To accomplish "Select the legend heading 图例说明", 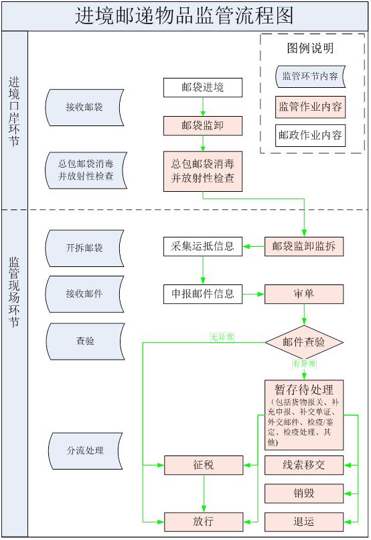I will pyautogui.click(x=310, y=48).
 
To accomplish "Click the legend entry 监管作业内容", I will pyautogui.click(x=310, y=106).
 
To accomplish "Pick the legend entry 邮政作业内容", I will pyautogui.click(x=310, y=135).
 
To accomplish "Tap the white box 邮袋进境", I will pyautogui.click(x=202, y=87).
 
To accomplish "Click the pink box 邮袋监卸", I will pyautogui.click(x=202, y=125).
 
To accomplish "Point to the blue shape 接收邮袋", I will pyautogui.click(x=84, y=107).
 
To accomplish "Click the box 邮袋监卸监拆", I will pyautogui.click(x=304, y=246).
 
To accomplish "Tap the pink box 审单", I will pyautogui.click(x=304, y=294).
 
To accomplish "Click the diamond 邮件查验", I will pyautogui.click(x=304, y=342).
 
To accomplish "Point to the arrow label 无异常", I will pyautogui.click(x=222, y=337).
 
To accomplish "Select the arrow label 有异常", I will pyautogui.click(x=304, y=364).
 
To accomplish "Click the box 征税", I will pyautogui.click(x=202, y=464).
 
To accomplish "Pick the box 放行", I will pyautogui.click(x=202, y=521).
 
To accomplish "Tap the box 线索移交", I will pyautogui.click(x=304, y=464).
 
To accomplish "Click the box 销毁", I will pyautogui.click(x=304, y=493).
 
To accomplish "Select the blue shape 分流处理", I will pyautogui.click(x=84, y=450).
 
